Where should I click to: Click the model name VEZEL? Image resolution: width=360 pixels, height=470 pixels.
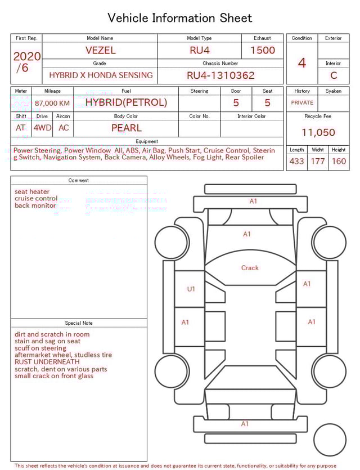point(100,50)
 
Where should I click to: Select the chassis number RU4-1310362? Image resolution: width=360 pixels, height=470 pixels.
point(220,75)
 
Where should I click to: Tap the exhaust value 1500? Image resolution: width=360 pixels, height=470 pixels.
point(263,50)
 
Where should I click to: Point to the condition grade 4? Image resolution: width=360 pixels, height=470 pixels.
point(301,62)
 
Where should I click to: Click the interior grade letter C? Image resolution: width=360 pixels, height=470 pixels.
point(334,75)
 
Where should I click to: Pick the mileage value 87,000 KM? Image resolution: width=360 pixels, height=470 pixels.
point(52,103)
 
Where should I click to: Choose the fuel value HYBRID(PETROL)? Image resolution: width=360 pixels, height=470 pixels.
point(126,102)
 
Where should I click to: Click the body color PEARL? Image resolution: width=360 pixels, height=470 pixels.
point(126,128)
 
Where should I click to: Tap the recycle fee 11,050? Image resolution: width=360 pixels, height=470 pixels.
point(318,133)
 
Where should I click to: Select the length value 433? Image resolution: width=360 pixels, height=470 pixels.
point(296,162)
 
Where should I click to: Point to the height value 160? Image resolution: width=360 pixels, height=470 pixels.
point(339,162)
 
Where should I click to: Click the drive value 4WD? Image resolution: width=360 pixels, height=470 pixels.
point(42,128)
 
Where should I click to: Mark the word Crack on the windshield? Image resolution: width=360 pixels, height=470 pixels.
point(250,268)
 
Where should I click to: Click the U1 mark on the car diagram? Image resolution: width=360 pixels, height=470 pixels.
point(191,289)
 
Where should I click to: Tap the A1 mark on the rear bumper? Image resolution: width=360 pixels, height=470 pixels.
point(245,424)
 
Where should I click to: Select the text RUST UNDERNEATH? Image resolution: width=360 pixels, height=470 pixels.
point(47,362)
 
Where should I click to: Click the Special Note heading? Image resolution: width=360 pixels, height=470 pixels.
point(79,323)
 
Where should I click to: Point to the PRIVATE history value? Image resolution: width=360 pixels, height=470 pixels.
point(302,103)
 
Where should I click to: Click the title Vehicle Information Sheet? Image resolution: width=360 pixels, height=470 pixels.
point(180,18)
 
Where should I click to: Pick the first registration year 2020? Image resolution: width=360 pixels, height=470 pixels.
point(26,56)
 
